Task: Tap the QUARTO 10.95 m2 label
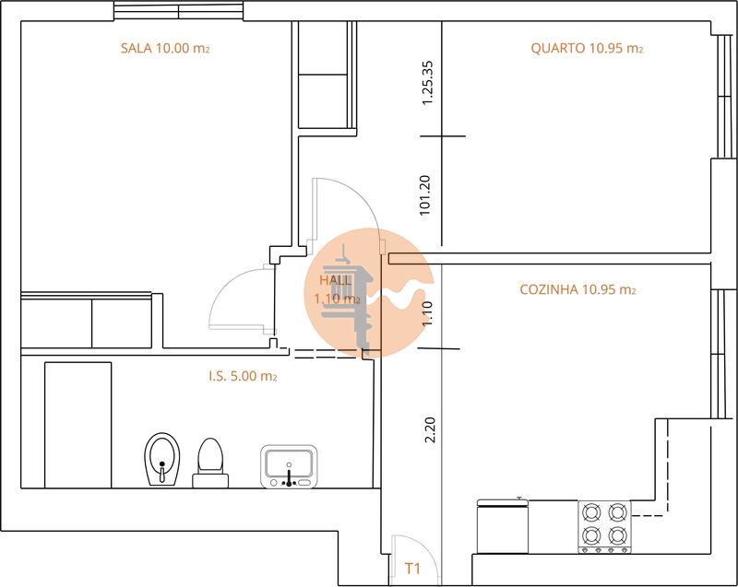point(587,49)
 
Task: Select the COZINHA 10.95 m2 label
point(578,289)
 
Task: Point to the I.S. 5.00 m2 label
point(243,376)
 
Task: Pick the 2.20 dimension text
point(428,430)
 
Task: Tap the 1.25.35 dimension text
point(427,84)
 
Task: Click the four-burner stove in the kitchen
point(603,525)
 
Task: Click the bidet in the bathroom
point(161,458)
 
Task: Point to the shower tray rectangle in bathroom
point(77,424)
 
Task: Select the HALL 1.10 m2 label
point(337,289)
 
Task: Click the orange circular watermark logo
point(369,291)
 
